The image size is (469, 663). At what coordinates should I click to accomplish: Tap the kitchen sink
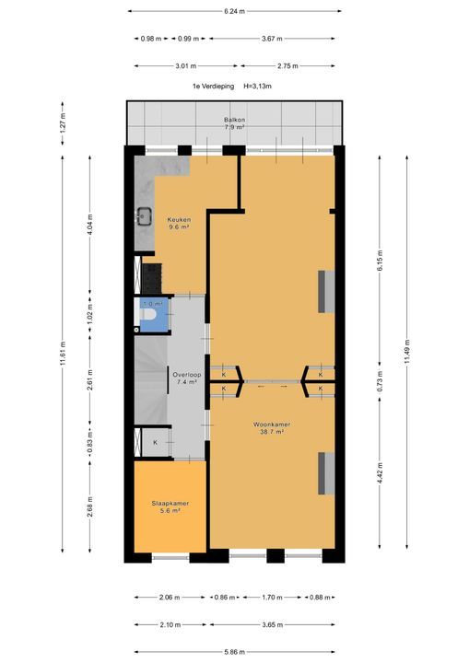click(145, 217)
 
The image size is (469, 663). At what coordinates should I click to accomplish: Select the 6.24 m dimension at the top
click(234, 11)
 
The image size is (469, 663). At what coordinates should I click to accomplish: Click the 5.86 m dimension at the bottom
click(234, 651)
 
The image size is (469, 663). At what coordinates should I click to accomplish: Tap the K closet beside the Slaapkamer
click(155, 443)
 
